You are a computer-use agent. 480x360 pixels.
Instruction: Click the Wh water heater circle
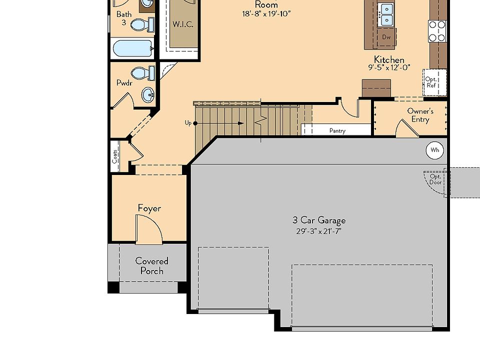(434, 150)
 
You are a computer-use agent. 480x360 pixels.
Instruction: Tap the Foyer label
(149, 208)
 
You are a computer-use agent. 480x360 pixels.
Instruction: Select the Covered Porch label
(152, 266)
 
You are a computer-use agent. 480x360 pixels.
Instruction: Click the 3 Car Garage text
(319, 220)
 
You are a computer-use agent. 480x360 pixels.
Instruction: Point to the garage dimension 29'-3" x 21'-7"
(318, 231)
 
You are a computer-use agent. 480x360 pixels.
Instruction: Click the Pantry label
(337, 130)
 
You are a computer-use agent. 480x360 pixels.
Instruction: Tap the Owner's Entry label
(420, 115)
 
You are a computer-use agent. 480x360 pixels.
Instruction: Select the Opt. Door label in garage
(435, 179)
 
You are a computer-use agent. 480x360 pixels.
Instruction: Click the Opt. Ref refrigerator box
(434, 82)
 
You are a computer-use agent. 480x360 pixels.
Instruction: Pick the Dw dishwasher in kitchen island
(386, 37)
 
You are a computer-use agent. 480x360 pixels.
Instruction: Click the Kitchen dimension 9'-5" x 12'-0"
(389, 67)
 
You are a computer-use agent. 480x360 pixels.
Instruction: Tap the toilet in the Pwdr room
(143, 73)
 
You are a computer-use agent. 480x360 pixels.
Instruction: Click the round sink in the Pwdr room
(148, 94)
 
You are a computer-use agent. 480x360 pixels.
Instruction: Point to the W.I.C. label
(183, 24)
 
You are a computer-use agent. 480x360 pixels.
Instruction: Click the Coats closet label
(115, 156)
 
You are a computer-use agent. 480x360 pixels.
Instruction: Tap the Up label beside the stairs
(188, 123)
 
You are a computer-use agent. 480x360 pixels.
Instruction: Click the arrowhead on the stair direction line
(241, 123)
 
